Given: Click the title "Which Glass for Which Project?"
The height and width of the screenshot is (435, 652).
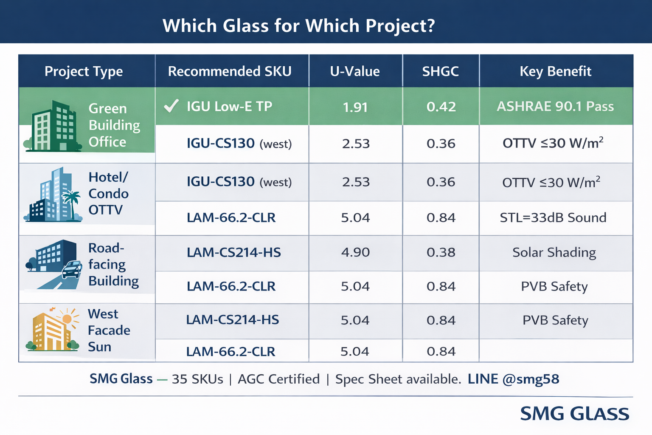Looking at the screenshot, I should pyautogui.click(x=299, y=26).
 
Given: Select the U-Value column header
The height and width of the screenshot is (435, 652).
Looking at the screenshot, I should pyautogui.click(x=355, y=71).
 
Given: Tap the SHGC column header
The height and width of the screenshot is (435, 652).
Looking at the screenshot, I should pyautogui.click(x=440, y=71).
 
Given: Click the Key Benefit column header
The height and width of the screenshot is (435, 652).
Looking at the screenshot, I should pyautogui.click(x=555, y=71).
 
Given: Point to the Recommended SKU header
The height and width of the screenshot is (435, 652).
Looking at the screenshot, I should pyautogui.click(x=230, y=71).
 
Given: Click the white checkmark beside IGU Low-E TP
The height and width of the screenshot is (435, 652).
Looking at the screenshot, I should pyautogui.click(x=171, y=106).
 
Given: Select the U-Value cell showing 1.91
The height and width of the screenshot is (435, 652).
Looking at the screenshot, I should pyautogui.click(x=355, y=107).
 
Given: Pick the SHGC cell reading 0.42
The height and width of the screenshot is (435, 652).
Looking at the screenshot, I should pyautogui.click(x=441, y=107).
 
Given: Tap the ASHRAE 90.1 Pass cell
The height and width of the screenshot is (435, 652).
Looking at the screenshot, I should pyautogui.click(x=555, y=106).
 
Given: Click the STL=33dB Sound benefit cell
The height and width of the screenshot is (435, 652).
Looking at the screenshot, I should pyautogui.click(x=553, y=218).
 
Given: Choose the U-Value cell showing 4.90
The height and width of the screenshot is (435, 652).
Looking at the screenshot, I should pyautogui.click(x=355, y=252).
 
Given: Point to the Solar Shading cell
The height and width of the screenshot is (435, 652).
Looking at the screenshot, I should pyautogui.click(x=554, y=252).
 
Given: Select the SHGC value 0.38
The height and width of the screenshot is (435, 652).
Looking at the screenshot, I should pyautogui.click(x=441, y=252).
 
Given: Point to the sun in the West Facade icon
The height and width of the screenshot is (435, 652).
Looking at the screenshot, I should pyautogui.click(x=67, y=319).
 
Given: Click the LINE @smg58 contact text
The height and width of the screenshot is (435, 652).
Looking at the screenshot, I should pyautogui.click(x=513, y=379).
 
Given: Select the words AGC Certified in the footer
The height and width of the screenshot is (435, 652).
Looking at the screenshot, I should pyautogui.click(x=278, y=379).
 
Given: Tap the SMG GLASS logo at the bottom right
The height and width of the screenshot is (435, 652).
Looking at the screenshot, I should pyautogui.click(x=574, y=413).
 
